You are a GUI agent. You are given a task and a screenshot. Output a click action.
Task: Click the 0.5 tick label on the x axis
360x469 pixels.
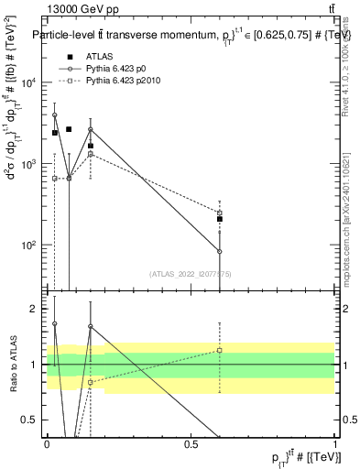(191, 444)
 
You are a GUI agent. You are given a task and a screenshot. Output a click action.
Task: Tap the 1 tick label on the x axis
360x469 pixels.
(335, 444)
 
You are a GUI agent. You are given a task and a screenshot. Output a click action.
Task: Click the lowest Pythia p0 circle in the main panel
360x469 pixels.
(220, 251)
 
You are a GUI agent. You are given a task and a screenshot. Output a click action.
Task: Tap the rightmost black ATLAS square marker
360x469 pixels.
(220, 219)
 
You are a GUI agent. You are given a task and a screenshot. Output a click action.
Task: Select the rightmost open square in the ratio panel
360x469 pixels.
(220, 350)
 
